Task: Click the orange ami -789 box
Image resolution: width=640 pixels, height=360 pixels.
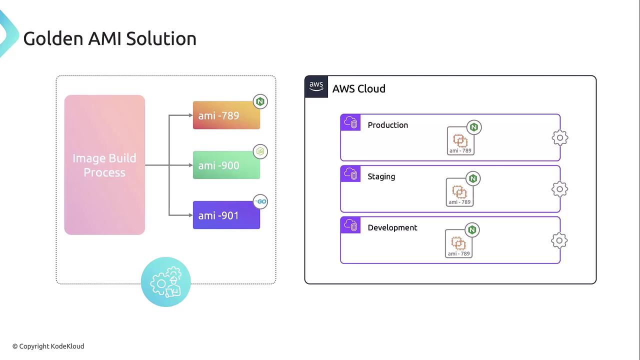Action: click(x=226, y=115)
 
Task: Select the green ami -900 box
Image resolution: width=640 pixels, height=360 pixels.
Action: click(x=226, y=165)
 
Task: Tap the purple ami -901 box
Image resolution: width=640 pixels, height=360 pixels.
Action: click(x=226, y=215)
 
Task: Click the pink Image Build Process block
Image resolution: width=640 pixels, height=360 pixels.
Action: click(x=104, y=165)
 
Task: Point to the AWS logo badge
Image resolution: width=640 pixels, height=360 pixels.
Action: click(x=316, y=86)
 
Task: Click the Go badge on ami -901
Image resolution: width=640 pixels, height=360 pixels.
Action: click(x=260, y=201)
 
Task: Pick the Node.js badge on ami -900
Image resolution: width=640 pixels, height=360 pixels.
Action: click(x=260, y=151)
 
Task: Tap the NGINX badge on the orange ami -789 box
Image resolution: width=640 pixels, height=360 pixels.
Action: click(x=260, y=101)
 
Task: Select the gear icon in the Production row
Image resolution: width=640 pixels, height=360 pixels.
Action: click(x=560, y=137)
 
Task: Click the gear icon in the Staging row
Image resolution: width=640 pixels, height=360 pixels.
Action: click(x=559, y=189)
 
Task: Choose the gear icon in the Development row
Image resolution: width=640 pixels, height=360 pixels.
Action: click(x=559, y=240)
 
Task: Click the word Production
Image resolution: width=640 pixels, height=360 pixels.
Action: click(x=387, y=125)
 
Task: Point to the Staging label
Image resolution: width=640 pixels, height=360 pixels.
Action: click(x=381, y=177)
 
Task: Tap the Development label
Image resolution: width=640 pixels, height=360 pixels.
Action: click(x=392, y=227)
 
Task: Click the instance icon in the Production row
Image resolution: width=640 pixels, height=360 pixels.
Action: click(x=460, y=141)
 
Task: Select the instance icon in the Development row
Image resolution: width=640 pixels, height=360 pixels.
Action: click(x=458, y=243)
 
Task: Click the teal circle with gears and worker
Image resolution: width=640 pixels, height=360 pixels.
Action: click(x=165, y=282)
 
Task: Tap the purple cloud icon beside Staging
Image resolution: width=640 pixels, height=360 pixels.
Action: click(x=350, y=173)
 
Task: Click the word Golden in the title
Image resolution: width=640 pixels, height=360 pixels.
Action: click(x=53, y=38)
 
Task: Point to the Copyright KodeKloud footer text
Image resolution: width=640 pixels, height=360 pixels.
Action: click(x=48, y=346)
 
